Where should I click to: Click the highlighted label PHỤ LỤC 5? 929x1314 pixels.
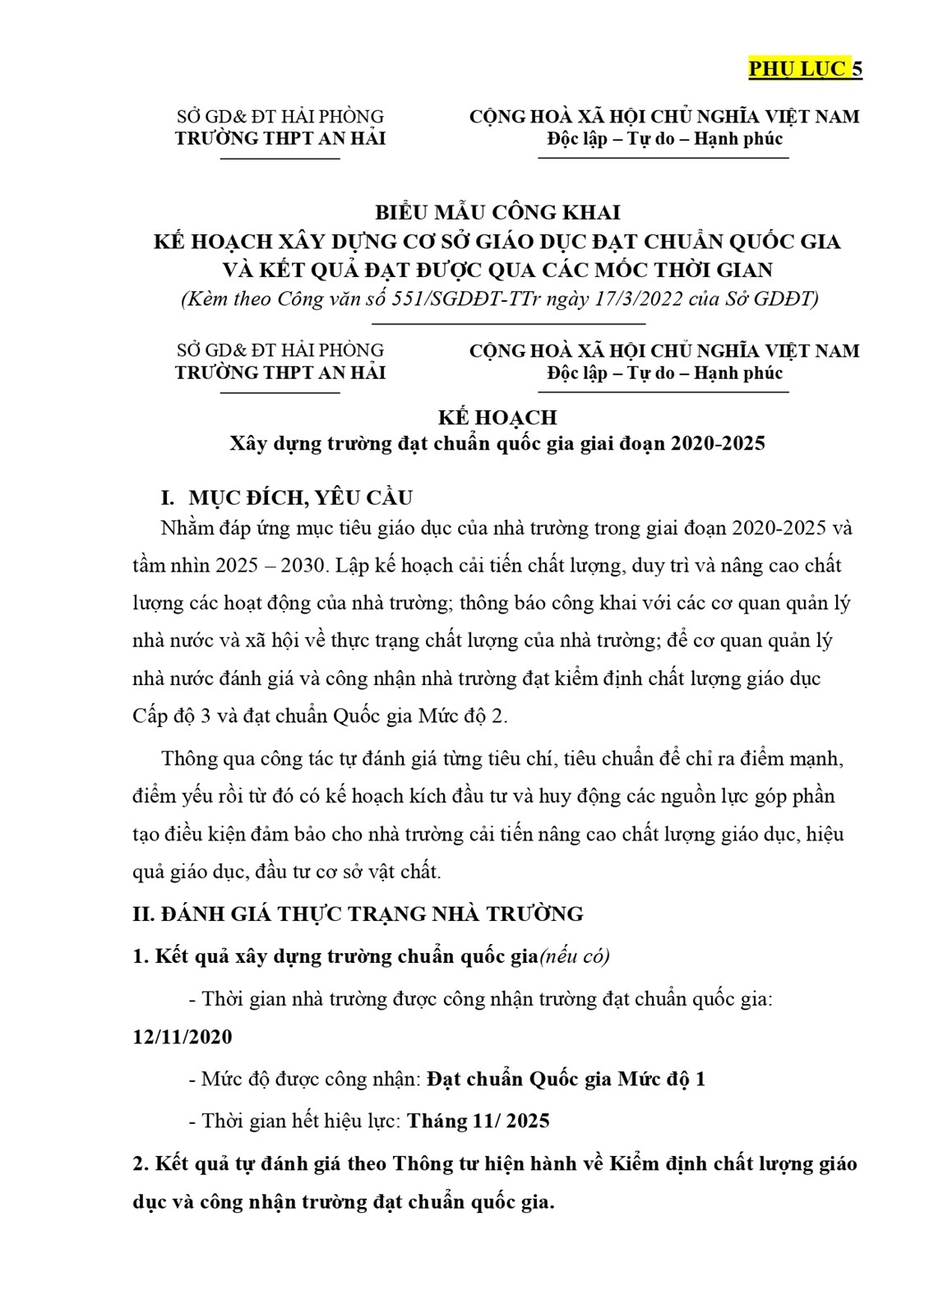click(x=804, y=68)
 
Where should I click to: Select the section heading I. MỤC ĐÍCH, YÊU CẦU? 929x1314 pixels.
click(x=286, y=497)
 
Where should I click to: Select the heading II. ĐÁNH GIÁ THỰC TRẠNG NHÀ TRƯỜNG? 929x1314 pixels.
click(x=358, y=914)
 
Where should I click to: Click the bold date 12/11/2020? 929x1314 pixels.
click(x=183, y=1036)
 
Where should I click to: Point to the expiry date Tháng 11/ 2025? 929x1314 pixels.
click(x=478, y=1121)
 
